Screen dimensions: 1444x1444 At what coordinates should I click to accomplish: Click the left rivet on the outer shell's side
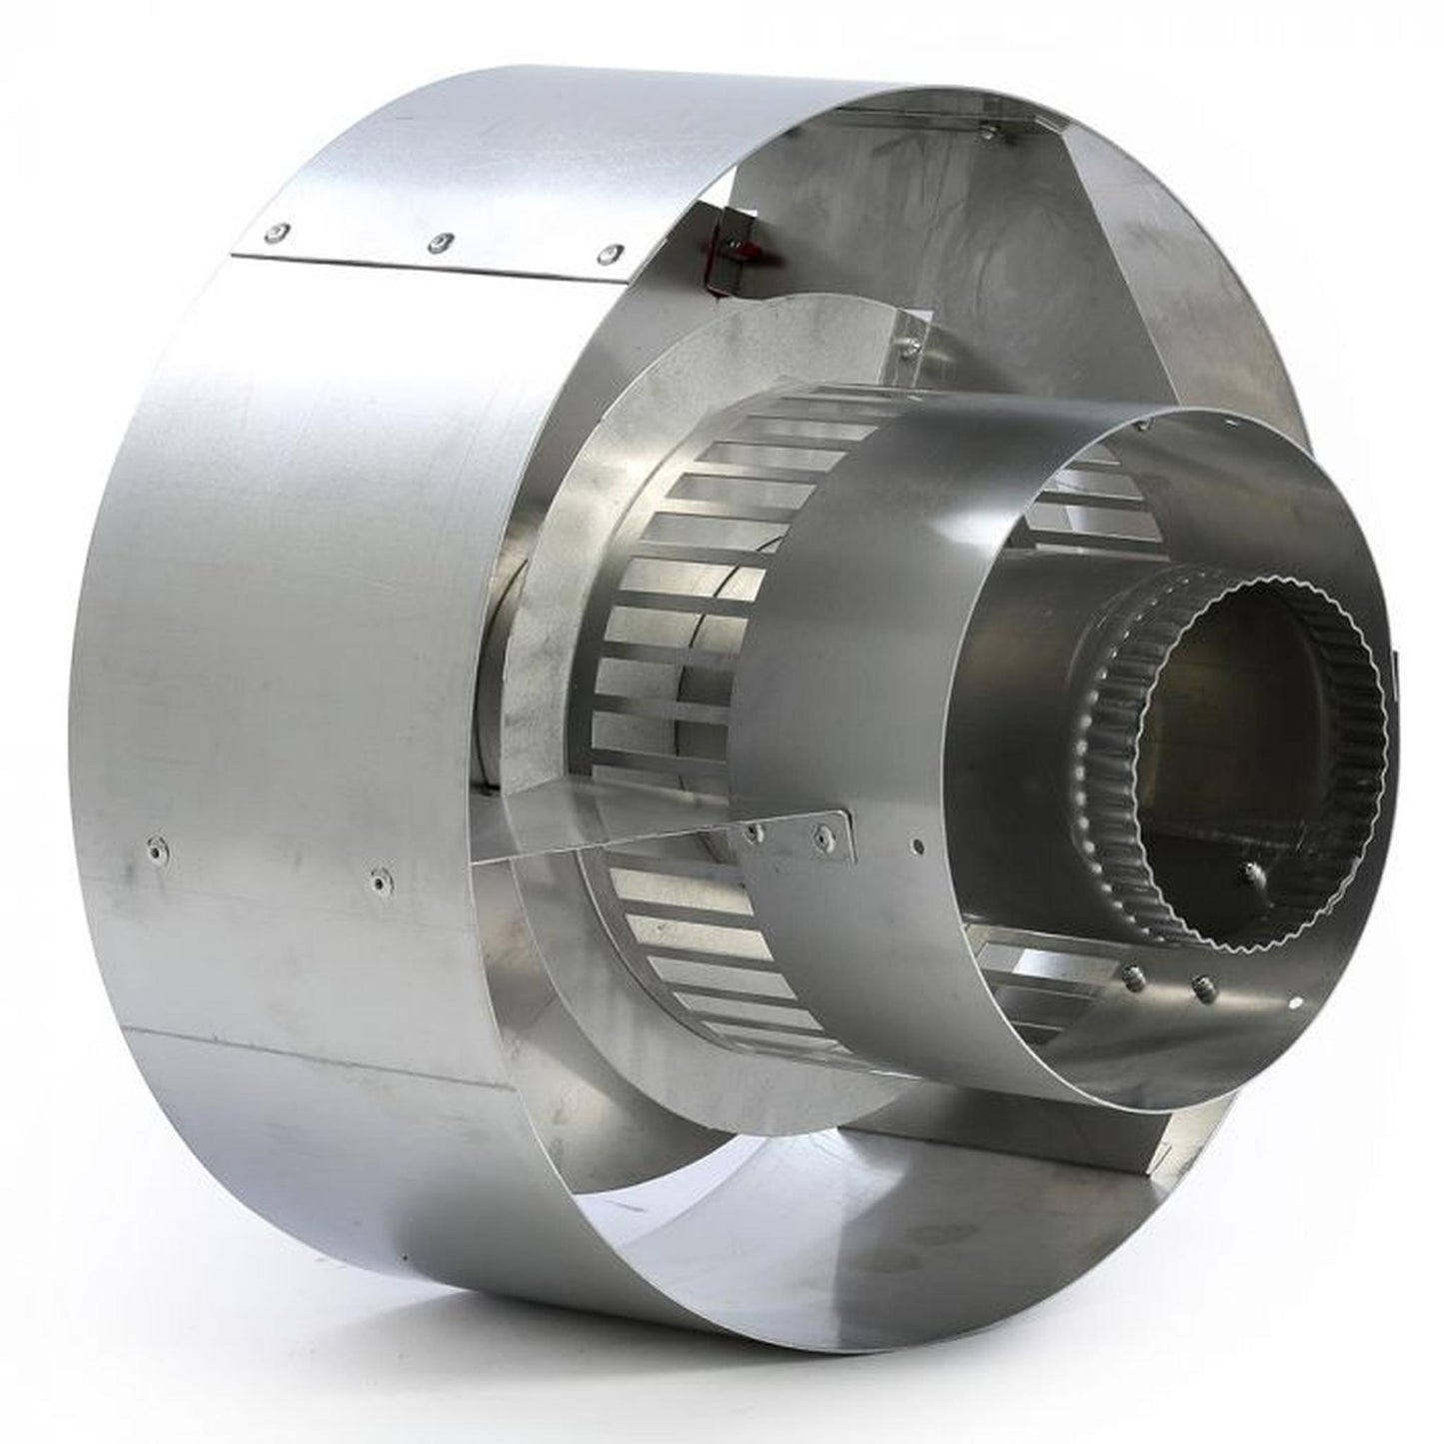click(x=158, y=850)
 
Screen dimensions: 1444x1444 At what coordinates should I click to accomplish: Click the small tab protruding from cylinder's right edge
click(x=1395, y=670)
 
